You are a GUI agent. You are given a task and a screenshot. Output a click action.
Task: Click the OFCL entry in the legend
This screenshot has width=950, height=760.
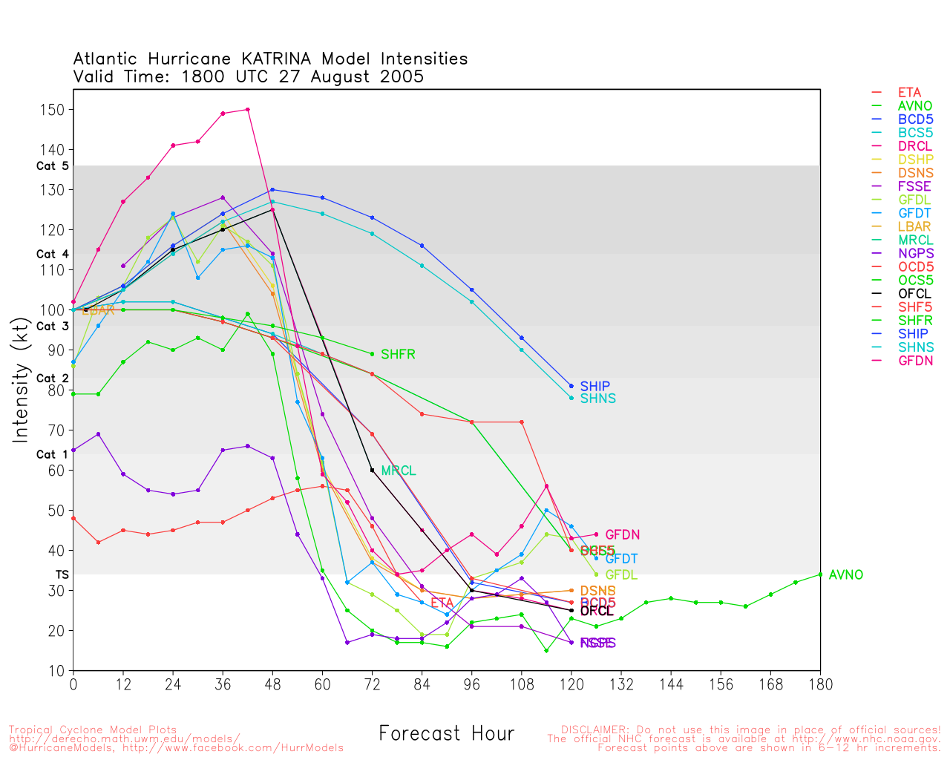coord(914,294)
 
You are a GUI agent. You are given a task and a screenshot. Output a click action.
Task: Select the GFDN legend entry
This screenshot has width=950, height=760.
coord(915,361)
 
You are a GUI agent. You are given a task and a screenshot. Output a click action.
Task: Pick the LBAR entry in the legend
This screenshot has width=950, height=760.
coord(914,226)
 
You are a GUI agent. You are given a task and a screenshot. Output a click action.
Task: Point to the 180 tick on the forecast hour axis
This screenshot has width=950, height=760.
coord(820,684)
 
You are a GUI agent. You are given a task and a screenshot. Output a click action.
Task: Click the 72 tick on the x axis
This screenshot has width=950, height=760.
coord(372,684)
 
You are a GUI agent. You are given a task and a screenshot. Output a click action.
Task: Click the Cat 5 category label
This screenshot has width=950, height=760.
coord(52,166)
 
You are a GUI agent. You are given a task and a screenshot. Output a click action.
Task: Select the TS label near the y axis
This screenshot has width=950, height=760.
coord(62,575)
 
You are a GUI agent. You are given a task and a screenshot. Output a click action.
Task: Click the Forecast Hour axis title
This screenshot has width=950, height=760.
coord(446,734)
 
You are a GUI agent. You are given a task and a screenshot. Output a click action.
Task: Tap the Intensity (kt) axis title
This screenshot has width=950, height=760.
coord(21,382)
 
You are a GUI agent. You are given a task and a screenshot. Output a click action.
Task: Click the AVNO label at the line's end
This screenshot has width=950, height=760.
coord(845,575)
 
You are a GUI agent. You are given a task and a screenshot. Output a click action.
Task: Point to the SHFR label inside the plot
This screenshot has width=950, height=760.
coord(398,355)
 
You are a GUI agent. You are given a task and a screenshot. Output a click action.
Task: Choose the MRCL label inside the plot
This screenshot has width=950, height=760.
coord(398,471)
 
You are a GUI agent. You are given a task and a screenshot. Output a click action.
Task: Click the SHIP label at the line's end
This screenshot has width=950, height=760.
coord(594,387)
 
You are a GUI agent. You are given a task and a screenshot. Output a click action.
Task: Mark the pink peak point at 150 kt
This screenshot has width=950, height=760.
coord(247,110)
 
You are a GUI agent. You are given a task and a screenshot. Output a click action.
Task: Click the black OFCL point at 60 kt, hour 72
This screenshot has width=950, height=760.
coord(372,470)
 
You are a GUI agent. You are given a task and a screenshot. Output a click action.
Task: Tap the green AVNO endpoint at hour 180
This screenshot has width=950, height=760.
coord(820,574)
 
